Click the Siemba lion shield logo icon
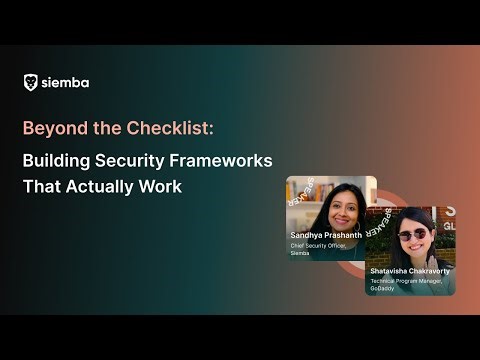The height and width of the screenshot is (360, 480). (31, 83)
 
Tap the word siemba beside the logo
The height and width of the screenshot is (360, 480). (65, 83)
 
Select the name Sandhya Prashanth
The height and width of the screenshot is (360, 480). (325, 235)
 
